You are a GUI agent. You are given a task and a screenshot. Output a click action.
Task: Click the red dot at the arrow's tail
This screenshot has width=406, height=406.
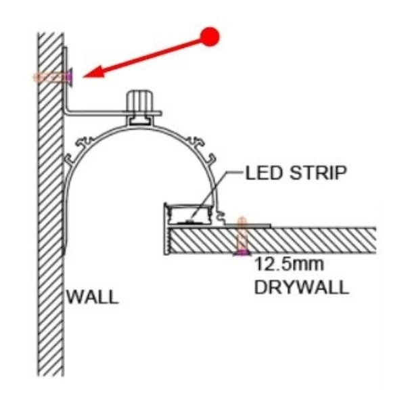pyautogui.click(x=210, y=37)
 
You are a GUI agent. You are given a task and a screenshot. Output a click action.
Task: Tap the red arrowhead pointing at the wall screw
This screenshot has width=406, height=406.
pyautogui.click(x=94, y=72)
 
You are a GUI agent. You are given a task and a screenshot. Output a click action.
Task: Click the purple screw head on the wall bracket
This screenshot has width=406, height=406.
pyautogui.click(x=70, y=76)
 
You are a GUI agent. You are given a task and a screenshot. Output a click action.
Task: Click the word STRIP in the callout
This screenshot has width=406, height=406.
pyautogui.click(x=318, y=173)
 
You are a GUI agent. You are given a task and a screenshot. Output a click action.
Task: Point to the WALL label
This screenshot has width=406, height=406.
pyautogui.click(x=93, y=297)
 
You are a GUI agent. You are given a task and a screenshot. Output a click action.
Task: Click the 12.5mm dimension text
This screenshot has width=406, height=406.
pyautogui.click(x=289, y=264)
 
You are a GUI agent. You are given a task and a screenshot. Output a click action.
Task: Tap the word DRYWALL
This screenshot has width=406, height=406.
pyautogui.click(x=302, y=287)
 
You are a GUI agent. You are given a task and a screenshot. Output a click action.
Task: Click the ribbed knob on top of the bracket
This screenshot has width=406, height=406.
pyautogui.click(x=139, y=100)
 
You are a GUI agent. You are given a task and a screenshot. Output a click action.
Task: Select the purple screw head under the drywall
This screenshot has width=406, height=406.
pyautogui.click(x=242, y=252)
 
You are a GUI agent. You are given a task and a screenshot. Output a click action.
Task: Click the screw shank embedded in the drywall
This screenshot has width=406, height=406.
pyautogui.click(x=242, y=234)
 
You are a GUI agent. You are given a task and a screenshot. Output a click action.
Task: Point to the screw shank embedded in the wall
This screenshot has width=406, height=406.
pyautogui.click(x=49, y=77)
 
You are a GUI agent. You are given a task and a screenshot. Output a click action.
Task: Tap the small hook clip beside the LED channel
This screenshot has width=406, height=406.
pyautogui.click(x=221, y=217)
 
